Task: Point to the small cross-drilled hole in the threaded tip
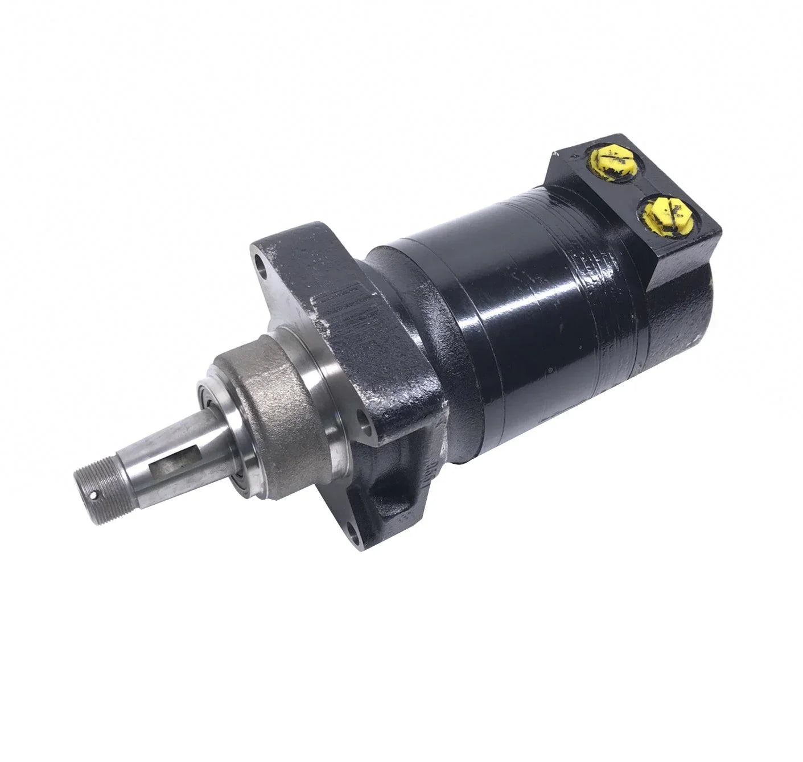tap(94, 495)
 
